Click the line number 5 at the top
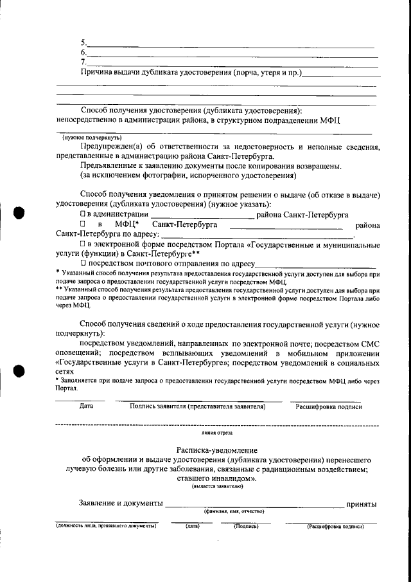pos(83,42)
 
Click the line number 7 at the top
pos(83,62)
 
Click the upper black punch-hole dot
pos(19,212)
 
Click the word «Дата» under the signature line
pos(86,406)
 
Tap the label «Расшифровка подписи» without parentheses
pos(328,406)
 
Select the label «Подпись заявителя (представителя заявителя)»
pos(197,406)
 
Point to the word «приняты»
pos(361,503)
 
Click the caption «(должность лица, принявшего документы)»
pos(106,526)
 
